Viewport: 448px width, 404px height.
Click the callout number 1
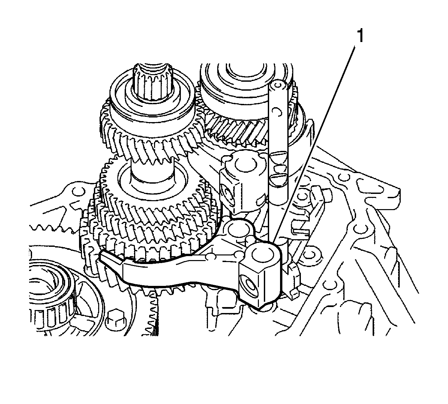(360, 36)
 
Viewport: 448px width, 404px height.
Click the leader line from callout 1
(314, 144)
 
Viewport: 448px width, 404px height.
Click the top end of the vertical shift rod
(277, 85)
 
